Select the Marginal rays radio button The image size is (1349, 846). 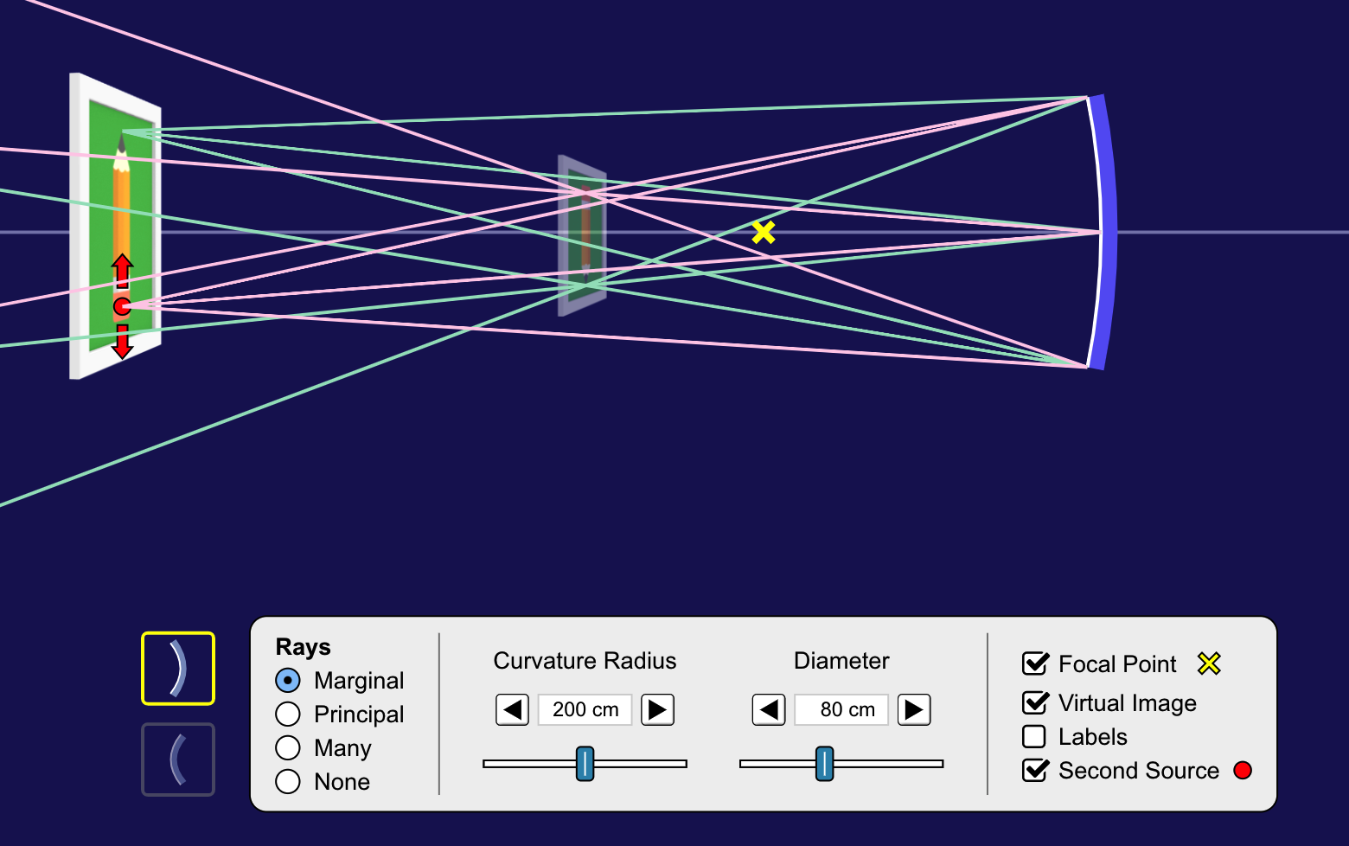pyautogui.click(x=288, y=681)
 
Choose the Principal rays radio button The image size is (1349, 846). pyautogui.click(x=288, y=715)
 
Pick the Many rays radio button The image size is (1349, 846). pyautogui.click(x=288, y=748)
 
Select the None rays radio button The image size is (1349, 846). pyautogui.click(x=288, y=782)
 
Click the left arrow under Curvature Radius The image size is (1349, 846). pyautogui.click(x=512, y=710)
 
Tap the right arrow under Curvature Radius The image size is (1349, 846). pyautogui.click(x=657, y=710)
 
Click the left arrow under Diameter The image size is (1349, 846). pyautogui.click(x=769, y=710)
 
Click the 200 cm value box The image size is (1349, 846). pyautogui.click(x=585, y=710)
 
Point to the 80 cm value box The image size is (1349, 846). pyautogui.click(x=841, y=710)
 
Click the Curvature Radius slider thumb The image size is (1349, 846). pyautogui.click(x=585, y=764)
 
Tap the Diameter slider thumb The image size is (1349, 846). pyautogui.click(x=825, y=764)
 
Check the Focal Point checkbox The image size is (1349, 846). pyautogui.click(x=1035, y=663)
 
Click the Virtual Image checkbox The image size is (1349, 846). pyautogui.click(x=1035, y=702)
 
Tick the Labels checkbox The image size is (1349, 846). pyautogui.click(x=1034, y=736)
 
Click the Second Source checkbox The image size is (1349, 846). pyautogui.click(x=1035, y=770)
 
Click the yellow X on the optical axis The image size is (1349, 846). pyautogui.click(x=764, y=232)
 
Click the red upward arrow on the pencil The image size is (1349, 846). pyautogui.click(x=122, y=270)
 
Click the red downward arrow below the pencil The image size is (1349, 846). pyautogui.click(x=122, y=343)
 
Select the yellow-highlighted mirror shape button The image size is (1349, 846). pyautogui.click(x=178, y=669)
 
